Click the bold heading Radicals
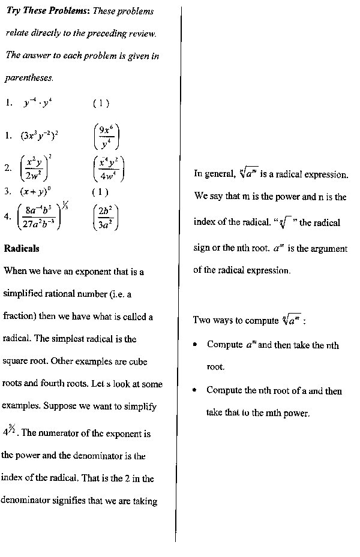(22, 248)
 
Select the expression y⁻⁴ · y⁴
(38, 103)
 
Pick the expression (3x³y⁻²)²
(40, 135)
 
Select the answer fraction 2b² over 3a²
(107, 217)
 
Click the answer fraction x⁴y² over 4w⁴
(109, 168)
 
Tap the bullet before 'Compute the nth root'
(195, 390)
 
